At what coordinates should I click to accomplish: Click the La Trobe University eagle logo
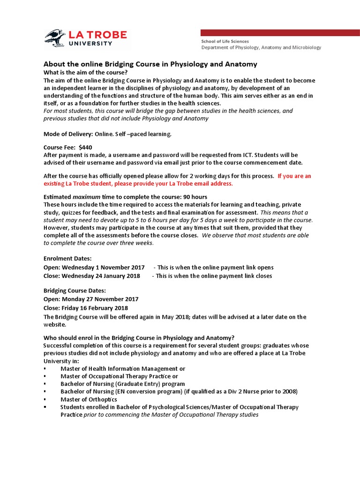tap(55, 38)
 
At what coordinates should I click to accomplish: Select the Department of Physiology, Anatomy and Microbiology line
tap(261, 47)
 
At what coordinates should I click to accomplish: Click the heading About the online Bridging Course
tap(150, 64)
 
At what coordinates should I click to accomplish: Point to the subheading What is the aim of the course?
tap(85, 72)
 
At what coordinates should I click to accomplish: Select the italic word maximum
tap(86, 197)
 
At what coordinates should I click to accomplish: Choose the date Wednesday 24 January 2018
tap(100, 276)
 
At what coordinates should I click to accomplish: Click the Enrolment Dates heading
tap(67, 258)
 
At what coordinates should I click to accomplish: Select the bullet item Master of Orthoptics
tap(89, 399)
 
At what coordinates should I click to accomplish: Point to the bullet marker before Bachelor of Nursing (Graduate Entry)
tap(45, 384)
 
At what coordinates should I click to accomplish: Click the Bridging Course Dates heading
tap(75, 291)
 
